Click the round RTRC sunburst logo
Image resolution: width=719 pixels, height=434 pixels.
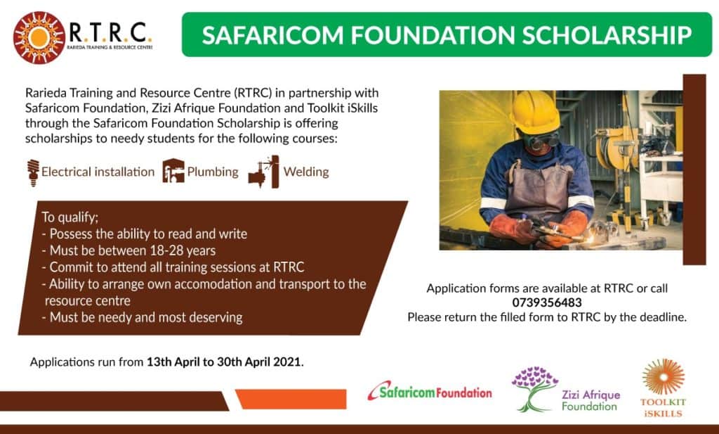click(x=39, y=37)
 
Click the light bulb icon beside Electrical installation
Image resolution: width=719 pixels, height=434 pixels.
click(x=33, y=172)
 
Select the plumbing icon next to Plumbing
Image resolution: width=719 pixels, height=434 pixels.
click(x=173, y=171)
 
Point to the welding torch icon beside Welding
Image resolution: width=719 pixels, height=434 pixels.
click(x=264, y=172)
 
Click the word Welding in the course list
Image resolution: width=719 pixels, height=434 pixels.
click(x=306, y=172)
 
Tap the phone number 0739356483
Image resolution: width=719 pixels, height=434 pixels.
click(x=546, y=302)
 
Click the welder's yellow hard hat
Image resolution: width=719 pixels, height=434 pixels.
click(x=535, y=112)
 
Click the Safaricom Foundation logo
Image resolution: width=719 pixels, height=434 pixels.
click(x=430, y=391)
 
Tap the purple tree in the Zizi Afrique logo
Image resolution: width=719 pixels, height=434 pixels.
click(x=534, y=388)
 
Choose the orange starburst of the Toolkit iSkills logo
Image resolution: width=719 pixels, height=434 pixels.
click(x=663, y=376)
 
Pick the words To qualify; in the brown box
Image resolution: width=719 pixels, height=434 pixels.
click(x=70, y=217)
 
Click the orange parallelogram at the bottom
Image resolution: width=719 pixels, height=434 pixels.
click(x=291, y=399)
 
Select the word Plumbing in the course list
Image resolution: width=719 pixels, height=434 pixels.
click(x=213, y=172)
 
